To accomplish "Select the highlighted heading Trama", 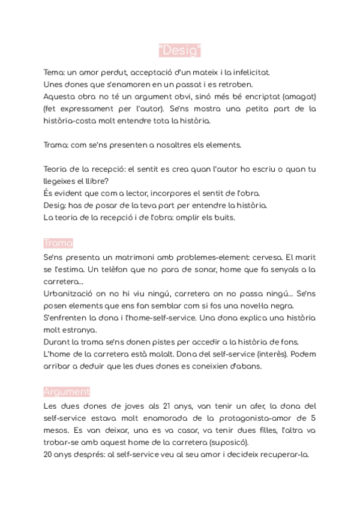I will point(58,243).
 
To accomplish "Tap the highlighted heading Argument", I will point(67,392).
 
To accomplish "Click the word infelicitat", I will point(249,73).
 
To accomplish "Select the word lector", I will point(134,193).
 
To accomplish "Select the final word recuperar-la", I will point(281,454).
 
